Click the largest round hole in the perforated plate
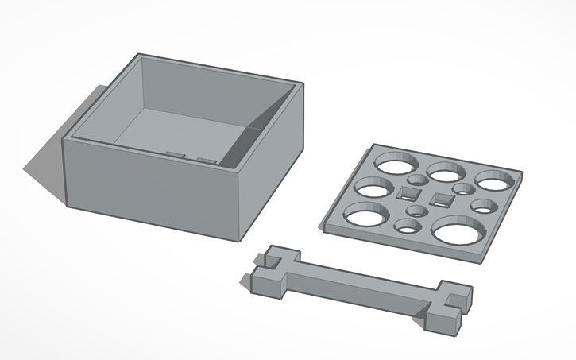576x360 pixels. [x=459, y=231]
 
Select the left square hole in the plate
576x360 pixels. [x=408, y=193]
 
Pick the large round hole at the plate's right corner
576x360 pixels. [x=494, y=180]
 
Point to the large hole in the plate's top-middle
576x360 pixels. [x=446, y=170]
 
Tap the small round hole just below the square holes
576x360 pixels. [x=416, y=211]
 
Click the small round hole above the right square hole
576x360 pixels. [x=463, y=188]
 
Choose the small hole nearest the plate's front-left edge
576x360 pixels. [x=408, y=227]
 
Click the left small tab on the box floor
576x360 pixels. [x=175, y=154]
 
